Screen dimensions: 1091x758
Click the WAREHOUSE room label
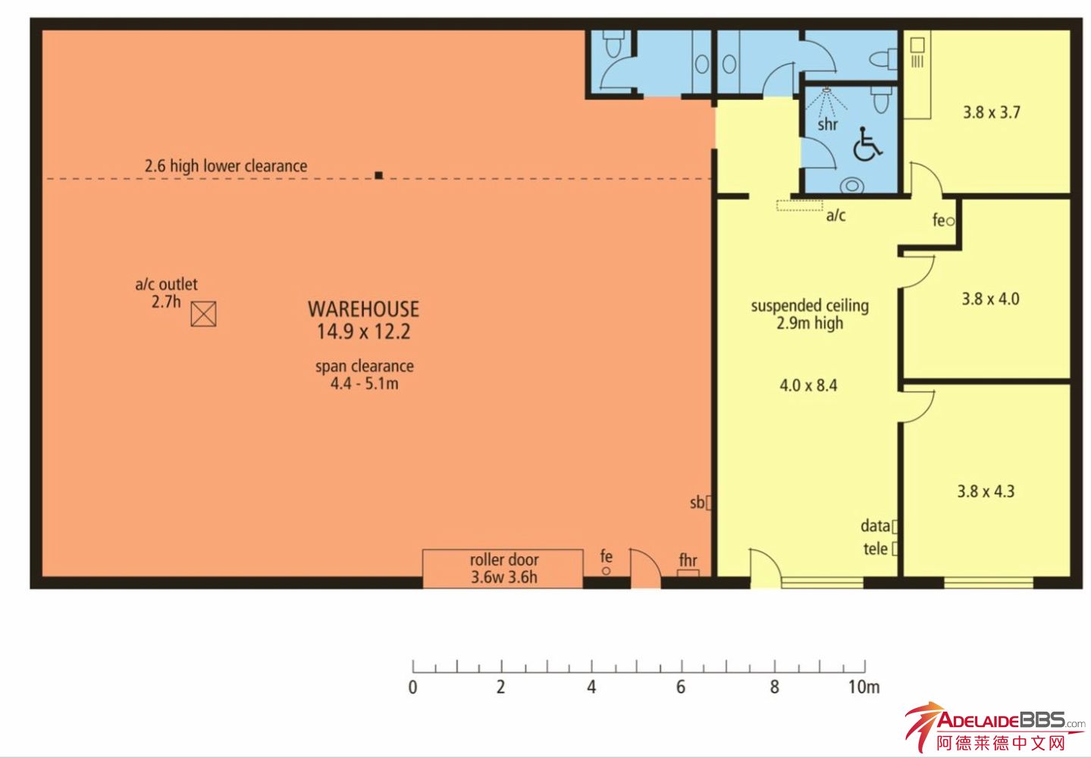[x=363, y=309]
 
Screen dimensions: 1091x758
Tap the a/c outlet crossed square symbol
[x=203, y=314]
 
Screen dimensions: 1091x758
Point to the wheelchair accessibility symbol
[x=867, y=144]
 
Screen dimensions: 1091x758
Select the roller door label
[x=504, y=560]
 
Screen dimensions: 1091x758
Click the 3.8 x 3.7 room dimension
[x=991, y=112]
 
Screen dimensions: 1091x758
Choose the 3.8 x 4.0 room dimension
[x=990, y=299]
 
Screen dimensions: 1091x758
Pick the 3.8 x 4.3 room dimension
[x=986, y=490]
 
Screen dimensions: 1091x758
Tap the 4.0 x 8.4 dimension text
[x=808, y=386]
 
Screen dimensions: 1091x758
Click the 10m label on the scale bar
[x=864, y=687]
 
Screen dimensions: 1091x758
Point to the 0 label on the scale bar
[x=412, y=687]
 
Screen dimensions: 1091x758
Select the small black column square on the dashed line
[x=378, y=175]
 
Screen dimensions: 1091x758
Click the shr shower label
[x=827, y=124]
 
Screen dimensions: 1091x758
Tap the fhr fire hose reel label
[x=688, y=560]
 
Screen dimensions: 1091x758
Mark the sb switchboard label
[x=697, y=503]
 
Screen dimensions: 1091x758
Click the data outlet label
[x=875, y=526]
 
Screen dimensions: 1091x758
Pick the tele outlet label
[x=875, y=549]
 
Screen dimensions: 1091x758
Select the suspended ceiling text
[x=810, y=305]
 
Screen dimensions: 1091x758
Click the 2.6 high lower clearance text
[x=226, y=166]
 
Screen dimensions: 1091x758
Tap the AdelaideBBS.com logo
[x=995, y=727]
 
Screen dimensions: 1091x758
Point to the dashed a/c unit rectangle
[x=799, y=205]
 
